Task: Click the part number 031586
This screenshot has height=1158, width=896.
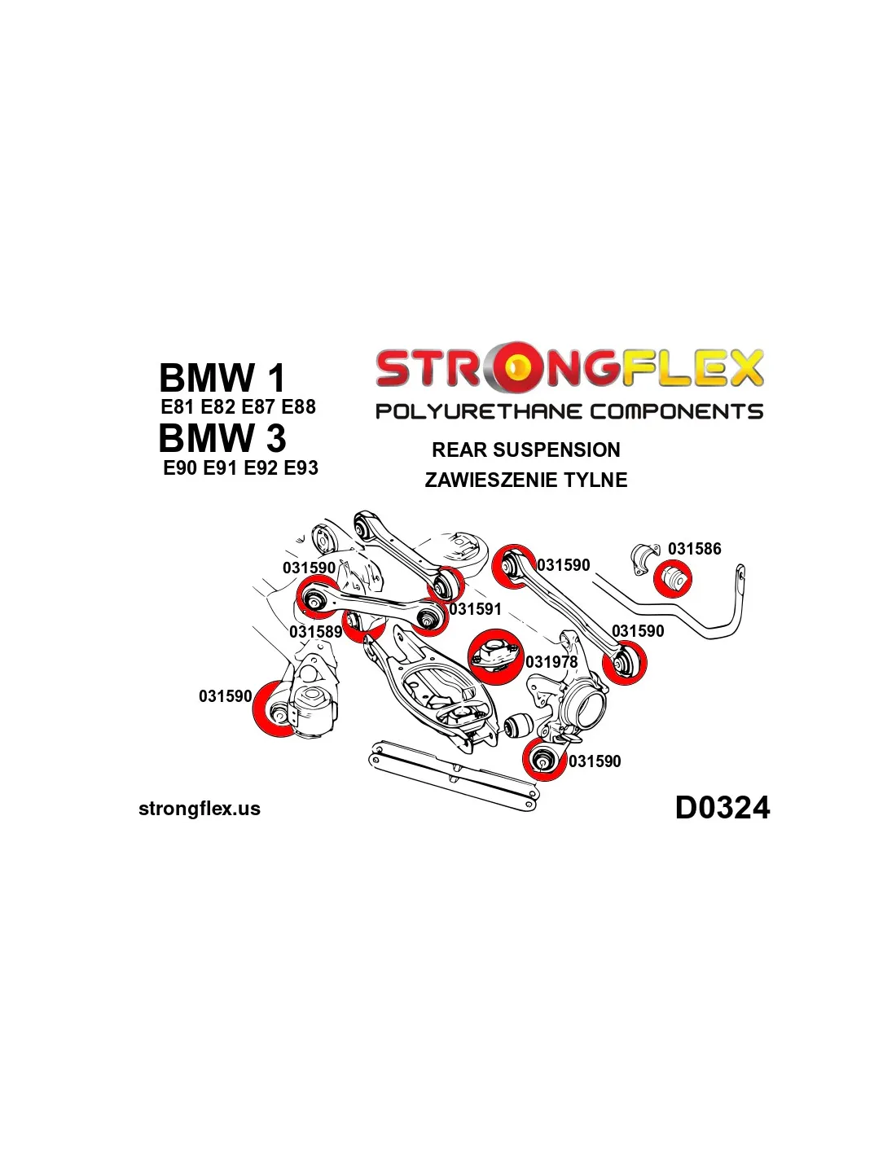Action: tap(694, 549)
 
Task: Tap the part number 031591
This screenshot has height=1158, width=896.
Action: tap(475, 609)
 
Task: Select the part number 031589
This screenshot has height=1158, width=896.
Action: tap(315, 632)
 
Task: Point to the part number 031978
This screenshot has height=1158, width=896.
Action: tap(551, 662)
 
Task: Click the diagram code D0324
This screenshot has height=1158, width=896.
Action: tap(722, 808)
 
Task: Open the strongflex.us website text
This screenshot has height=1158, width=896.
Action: tap(200, 809)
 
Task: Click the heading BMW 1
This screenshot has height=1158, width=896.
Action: tap(222, 378)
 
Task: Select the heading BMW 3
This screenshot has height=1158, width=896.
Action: tap(222, 438)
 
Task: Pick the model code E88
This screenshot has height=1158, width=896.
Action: tap(298, 407)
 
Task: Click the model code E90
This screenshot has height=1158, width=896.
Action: tap(180, 468)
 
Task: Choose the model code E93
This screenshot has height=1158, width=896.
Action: tap(301, 468)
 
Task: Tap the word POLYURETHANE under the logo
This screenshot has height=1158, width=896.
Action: tap(480, 412)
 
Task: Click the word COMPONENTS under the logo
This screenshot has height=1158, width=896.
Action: tap(677, 412)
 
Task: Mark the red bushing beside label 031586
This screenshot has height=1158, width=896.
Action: tap(673, 579)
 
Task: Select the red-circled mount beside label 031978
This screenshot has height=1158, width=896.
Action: tap(494, 656)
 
